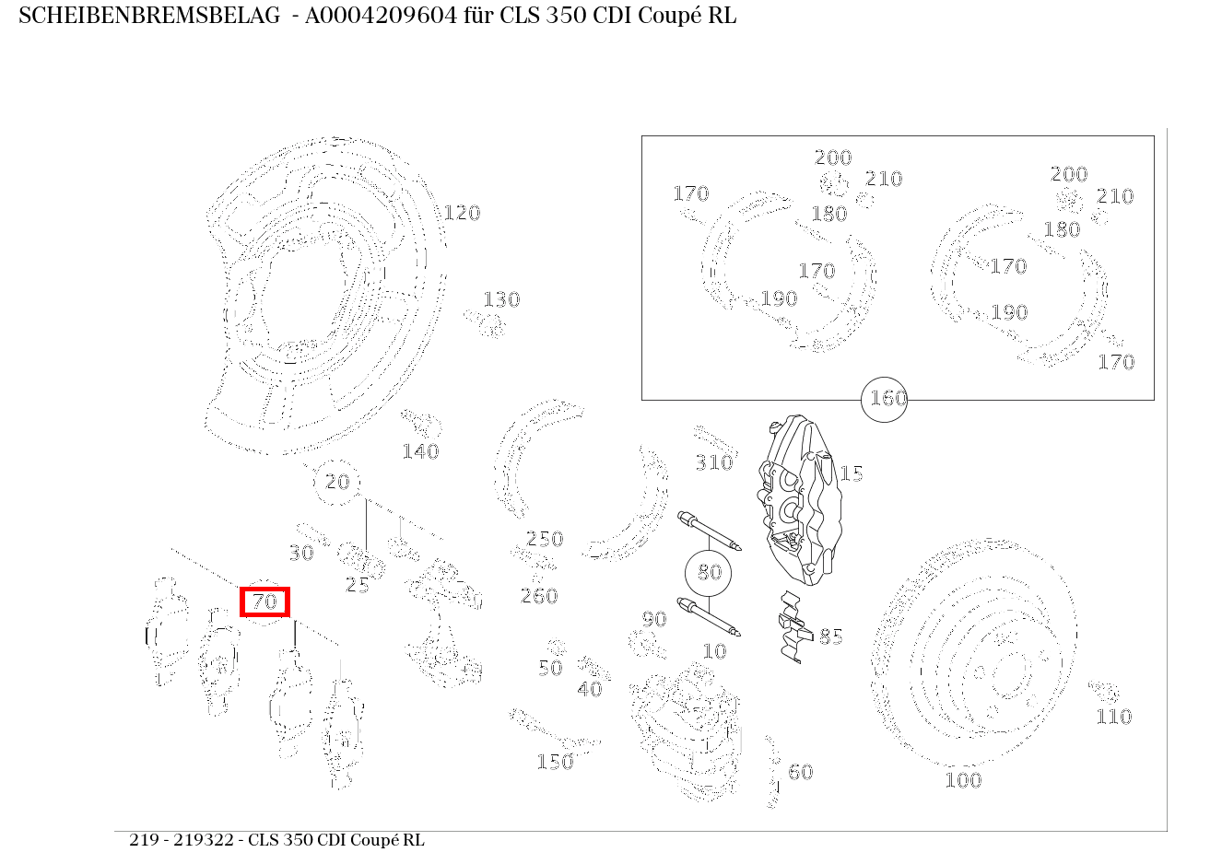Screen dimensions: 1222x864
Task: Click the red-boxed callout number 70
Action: [x=264, y=601]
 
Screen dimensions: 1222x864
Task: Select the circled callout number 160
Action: [x=884, y=399]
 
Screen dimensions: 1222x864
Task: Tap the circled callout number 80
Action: [x=709, y=572]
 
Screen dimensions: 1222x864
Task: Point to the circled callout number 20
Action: [x=336, y=482]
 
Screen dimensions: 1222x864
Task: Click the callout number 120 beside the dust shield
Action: [x=462, y=213]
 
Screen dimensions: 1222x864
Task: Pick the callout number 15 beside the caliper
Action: [x=852, y=473]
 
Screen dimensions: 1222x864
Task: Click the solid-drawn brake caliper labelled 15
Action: [x=799, y=500]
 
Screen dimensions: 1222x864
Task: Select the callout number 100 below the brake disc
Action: [x=963, y=780]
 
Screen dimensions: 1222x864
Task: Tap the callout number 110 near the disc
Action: [x=1114, y=717]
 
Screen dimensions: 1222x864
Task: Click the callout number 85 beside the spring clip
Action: [x=831, y=636]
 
